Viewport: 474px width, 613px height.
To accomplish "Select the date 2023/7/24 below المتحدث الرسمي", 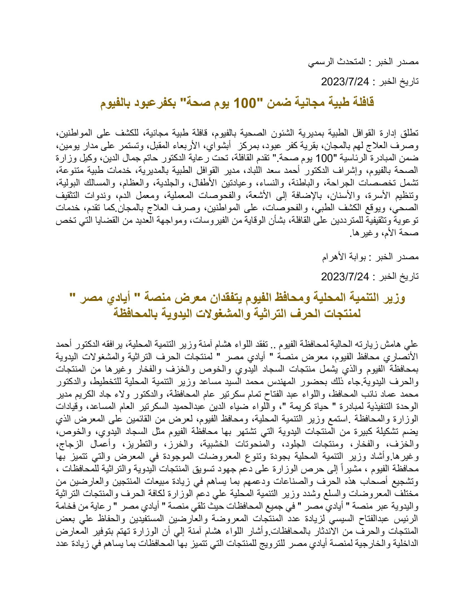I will [345, 82].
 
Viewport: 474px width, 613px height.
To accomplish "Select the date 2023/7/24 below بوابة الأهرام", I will [345, 277].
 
